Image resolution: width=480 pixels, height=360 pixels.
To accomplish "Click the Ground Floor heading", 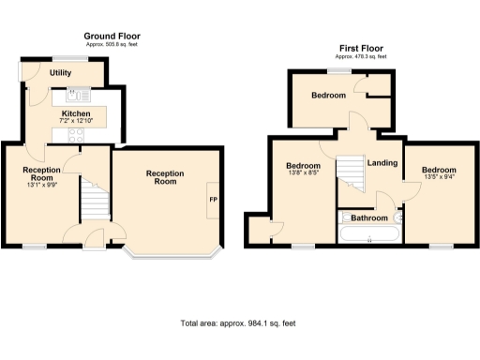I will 112,36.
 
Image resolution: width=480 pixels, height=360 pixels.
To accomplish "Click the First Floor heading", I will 361,48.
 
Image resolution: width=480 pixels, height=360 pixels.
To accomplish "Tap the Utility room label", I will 61,72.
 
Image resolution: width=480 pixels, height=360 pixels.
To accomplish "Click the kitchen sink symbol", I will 76,94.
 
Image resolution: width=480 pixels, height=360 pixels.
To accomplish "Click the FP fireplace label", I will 213,200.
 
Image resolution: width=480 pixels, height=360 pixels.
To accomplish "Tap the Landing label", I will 382,163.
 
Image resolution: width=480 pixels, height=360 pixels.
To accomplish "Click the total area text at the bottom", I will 238,323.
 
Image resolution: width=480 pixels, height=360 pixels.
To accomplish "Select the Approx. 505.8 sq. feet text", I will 112,44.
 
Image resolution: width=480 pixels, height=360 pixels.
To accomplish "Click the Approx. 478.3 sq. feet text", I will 361,56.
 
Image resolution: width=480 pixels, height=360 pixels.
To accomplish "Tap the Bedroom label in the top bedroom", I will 329,96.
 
